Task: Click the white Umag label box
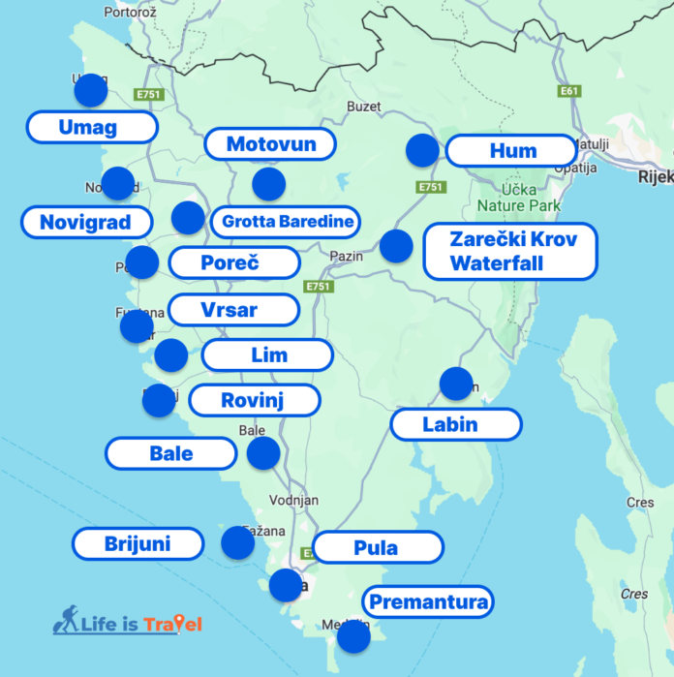[x=92, y=127]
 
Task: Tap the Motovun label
[x=271, y=144]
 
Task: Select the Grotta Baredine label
[x=288, y=222]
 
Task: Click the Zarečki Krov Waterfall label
[x=510, y=251]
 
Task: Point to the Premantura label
[x=427, y=602]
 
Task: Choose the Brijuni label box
[x=138, y=543]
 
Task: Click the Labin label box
[x=455, y=423]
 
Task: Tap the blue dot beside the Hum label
[x=422, y=150]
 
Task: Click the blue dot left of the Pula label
[x=286, y=585]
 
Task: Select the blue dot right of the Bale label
[x=263, y=453]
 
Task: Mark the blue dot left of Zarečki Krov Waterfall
[x=396, y=246]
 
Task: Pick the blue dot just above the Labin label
[x=455, y=384]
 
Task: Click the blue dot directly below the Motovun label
[x=268, y=183]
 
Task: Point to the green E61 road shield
[x=569, y=91]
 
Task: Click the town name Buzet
[x=364, y=107]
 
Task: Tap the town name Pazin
[x=346, y=256]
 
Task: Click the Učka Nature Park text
[x=518, y=198]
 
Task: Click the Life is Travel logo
[x=127, y=623]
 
